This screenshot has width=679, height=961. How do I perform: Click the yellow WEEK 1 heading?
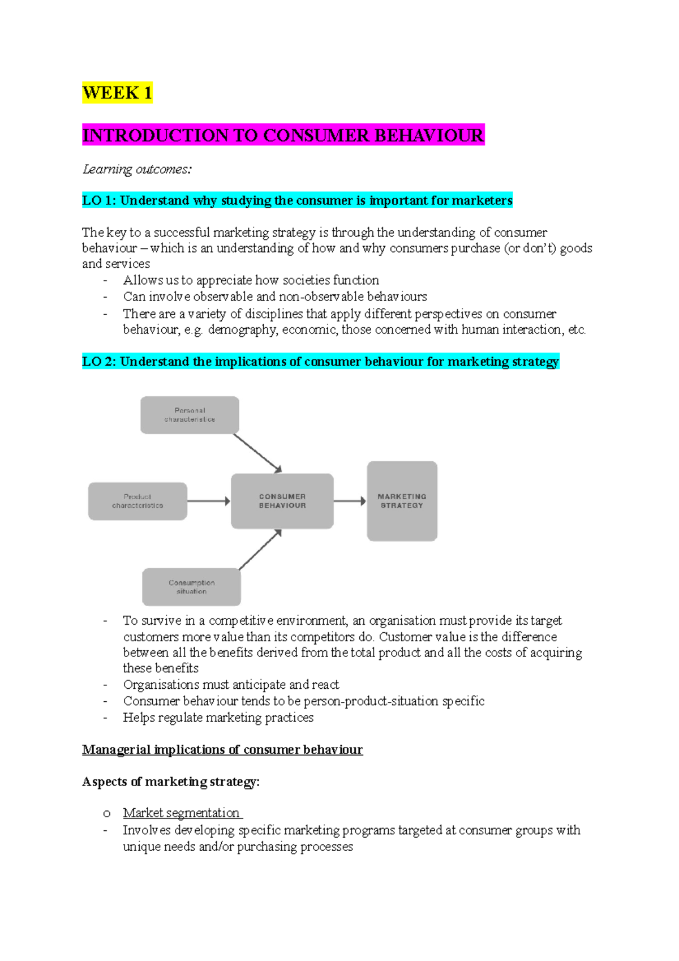(x=117, y=92)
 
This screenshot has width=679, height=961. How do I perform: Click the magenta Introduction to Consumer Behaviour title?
(x=283, y=135)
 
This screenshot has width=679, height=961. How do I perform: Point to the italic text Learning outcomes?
(x=137, y=169)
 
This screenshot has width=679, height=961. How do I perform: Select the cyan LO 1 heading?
(x=297, y=200)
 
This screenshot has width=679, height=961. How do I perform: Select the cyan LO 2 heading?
(x=320, y=362)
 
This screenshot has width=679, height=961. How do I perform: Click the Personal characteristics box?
(x=190, y=415)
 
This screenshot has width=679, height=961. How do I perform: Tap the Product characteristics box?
(x=137, y=501)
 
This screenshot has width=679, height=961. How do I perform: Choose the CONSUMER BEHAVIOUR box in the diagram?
(x=282, y=501)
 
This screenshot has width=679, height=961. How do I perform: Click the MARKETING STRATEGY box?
(x=402, y=501)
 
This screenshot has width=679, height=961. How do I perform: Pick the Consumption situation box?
(x=191, y=587)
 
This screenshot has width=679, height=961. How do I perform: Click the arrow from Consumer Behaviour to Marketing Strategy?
(x=350, y=501)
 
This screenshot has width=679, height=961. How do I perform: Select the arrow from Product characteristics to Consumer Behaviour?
(x=208, y=501)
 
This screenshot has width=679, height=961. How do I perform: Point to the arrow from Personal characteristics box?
(x=257, y=453)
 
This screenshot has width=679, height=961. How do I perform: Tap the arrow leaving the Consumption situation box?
(x=260, y=550)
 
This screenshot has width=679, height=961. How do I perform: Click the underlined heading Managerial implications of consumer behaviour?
(x=222, y=749)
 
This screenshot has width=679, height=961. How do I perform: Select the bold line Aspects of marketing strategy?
(x=170, y=782)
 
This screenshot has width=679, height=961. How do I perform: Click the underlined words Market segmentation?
(x=182, y=813)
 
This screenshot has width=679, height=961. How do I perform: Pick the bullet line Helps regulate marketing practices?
(x=218, y=717)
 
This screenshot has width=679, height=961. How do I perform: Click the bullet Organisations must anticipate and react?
(x=231, y=684)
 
